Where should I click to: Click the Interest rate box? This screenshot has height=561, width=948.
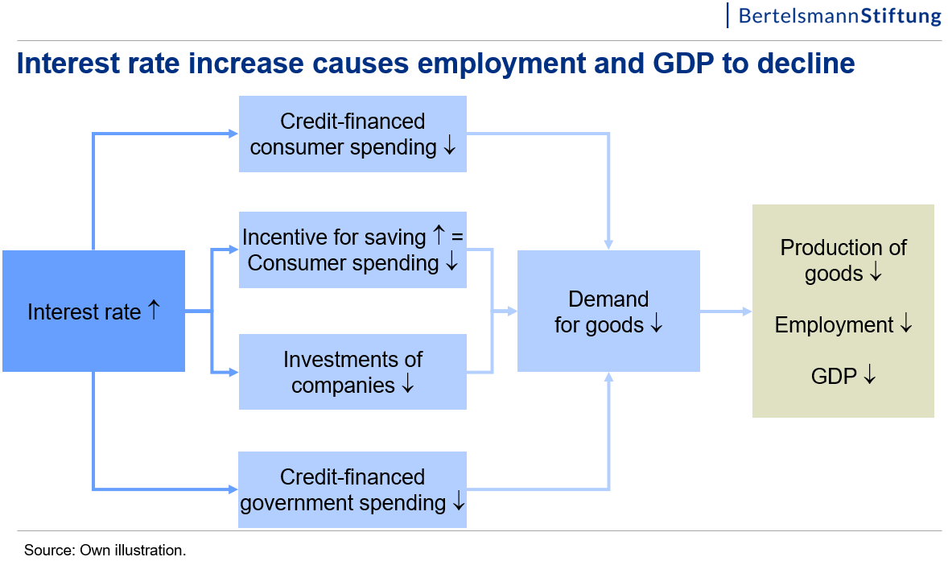tap(93, 311)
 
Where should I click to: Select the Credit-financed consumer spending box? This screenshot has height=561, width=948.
tap(352, 134)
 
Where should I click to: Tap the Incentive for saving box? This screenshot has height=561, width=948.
tap(352, 250)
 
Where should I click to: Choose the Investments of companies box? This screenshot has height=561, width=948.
tap(352, 372)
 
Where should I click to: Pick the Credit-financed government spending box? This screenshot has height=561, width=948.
tap(352, 489)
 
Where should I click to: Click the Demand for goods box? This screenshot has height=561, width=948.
tap(608, 311)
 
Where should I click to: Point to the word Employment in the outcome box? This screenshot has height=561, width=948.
tap(834, 325)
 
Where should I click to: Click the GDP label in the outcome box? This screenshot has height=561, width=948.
tap(834, 376)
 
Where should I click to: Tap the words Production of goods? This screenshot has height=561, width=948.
tap(843, 260)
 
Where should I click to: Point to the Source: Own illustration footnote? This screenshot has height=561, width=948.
tap(105, 550)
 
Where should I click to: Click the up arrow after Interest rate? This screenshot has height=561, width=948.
tap(155, 310)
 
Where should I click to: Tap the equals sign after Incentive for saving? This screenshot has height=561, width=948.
tap(457, 237)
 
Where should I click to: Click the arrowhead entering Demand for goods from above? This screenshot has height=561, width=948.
tap(608, 244)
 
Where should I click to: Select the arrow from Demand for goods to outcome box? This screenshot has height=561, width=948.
tap(726, 311)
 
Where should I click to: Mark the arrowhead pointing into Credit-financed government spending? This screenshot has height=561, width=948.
tap(233, 489)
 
